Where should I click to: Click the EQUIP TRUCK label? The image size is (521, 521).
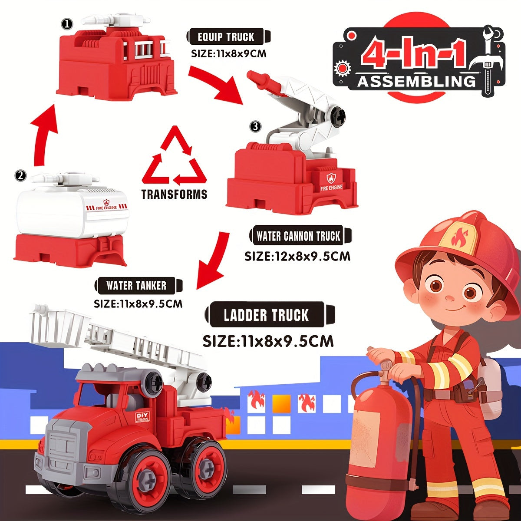(x=226, y=37)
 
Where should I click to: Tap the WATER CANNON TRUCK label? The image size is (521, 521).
(x=299, y=237)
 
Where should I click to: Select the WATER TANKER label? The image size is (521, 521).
(x=136, y=286)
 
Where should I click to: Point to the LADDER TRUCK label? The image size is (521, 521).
(x=266, y=315)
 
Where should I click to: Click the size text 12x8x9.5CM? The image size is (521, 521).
(x=297, y=256)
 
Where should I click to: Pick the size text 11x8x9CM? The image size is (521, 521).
(x=229, y=54)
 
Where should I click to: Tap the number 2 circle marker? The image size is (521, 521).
(x=20, y=176)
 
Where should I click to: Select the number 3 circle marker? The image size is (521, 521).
(x=256, y=126)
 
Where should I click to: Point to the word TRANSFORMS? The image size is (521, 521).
(x=175, y=194)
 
